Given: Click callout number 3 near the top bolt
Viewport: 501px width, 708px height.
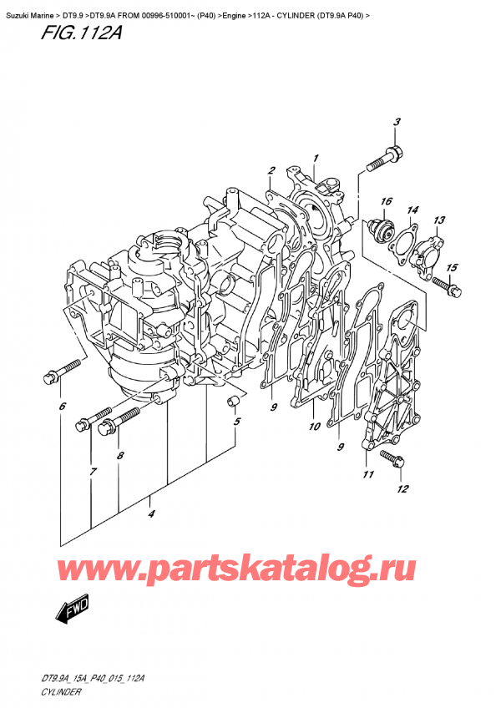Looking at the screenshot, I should pyautogui.click(x=397, y=123).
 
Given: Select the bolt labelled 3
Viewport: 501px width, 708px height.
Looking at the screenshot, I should pyautogui.click(x=389, y=155).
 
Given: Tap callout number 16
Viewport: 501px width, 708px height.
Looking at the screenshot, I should pyautogui.click(x=387, y=201).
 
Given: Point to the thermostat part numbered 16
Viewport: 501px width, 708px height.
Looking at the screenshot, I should pyautogui.click(x=384, y=230).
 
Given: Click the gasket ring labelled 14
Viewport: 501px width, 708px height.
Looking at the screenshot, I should pyautogui.click(x=406, y=241).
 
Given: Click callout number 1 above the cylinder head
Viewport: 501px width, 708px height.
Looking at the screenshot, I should pyautogui.click(x=316, y=157).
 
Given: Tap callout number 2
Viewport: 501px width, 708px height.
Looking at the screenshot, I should pyautogui.click(x=271, y=171).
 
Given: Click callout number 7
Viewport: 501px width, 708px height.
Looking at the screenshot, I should pyautogui.click(x=94, y=473).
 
